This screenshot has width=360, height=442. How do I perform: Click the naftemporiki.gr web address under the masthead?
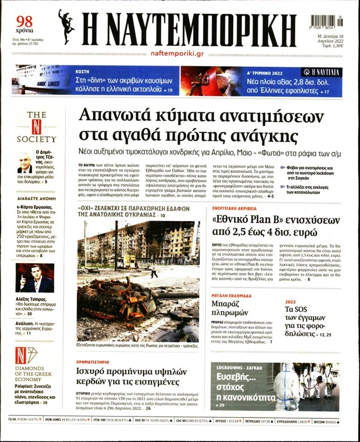pyautogui.click(x=177, y=53)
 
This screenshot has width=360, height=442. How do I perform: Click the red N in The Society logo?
pyautogui.click(x=37, y=126)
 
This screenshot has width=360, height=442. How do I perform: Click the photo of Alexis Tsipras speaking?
pyautogui.click(x=34, y=278)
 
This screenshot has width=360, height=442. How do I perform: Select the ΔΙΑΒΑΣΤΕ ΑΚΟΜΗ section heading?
pyautogui.click(x=35, y=198)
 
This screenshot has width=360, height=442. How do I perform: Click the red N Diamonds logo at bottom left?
pyautogui.click(x=22, y=354)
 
